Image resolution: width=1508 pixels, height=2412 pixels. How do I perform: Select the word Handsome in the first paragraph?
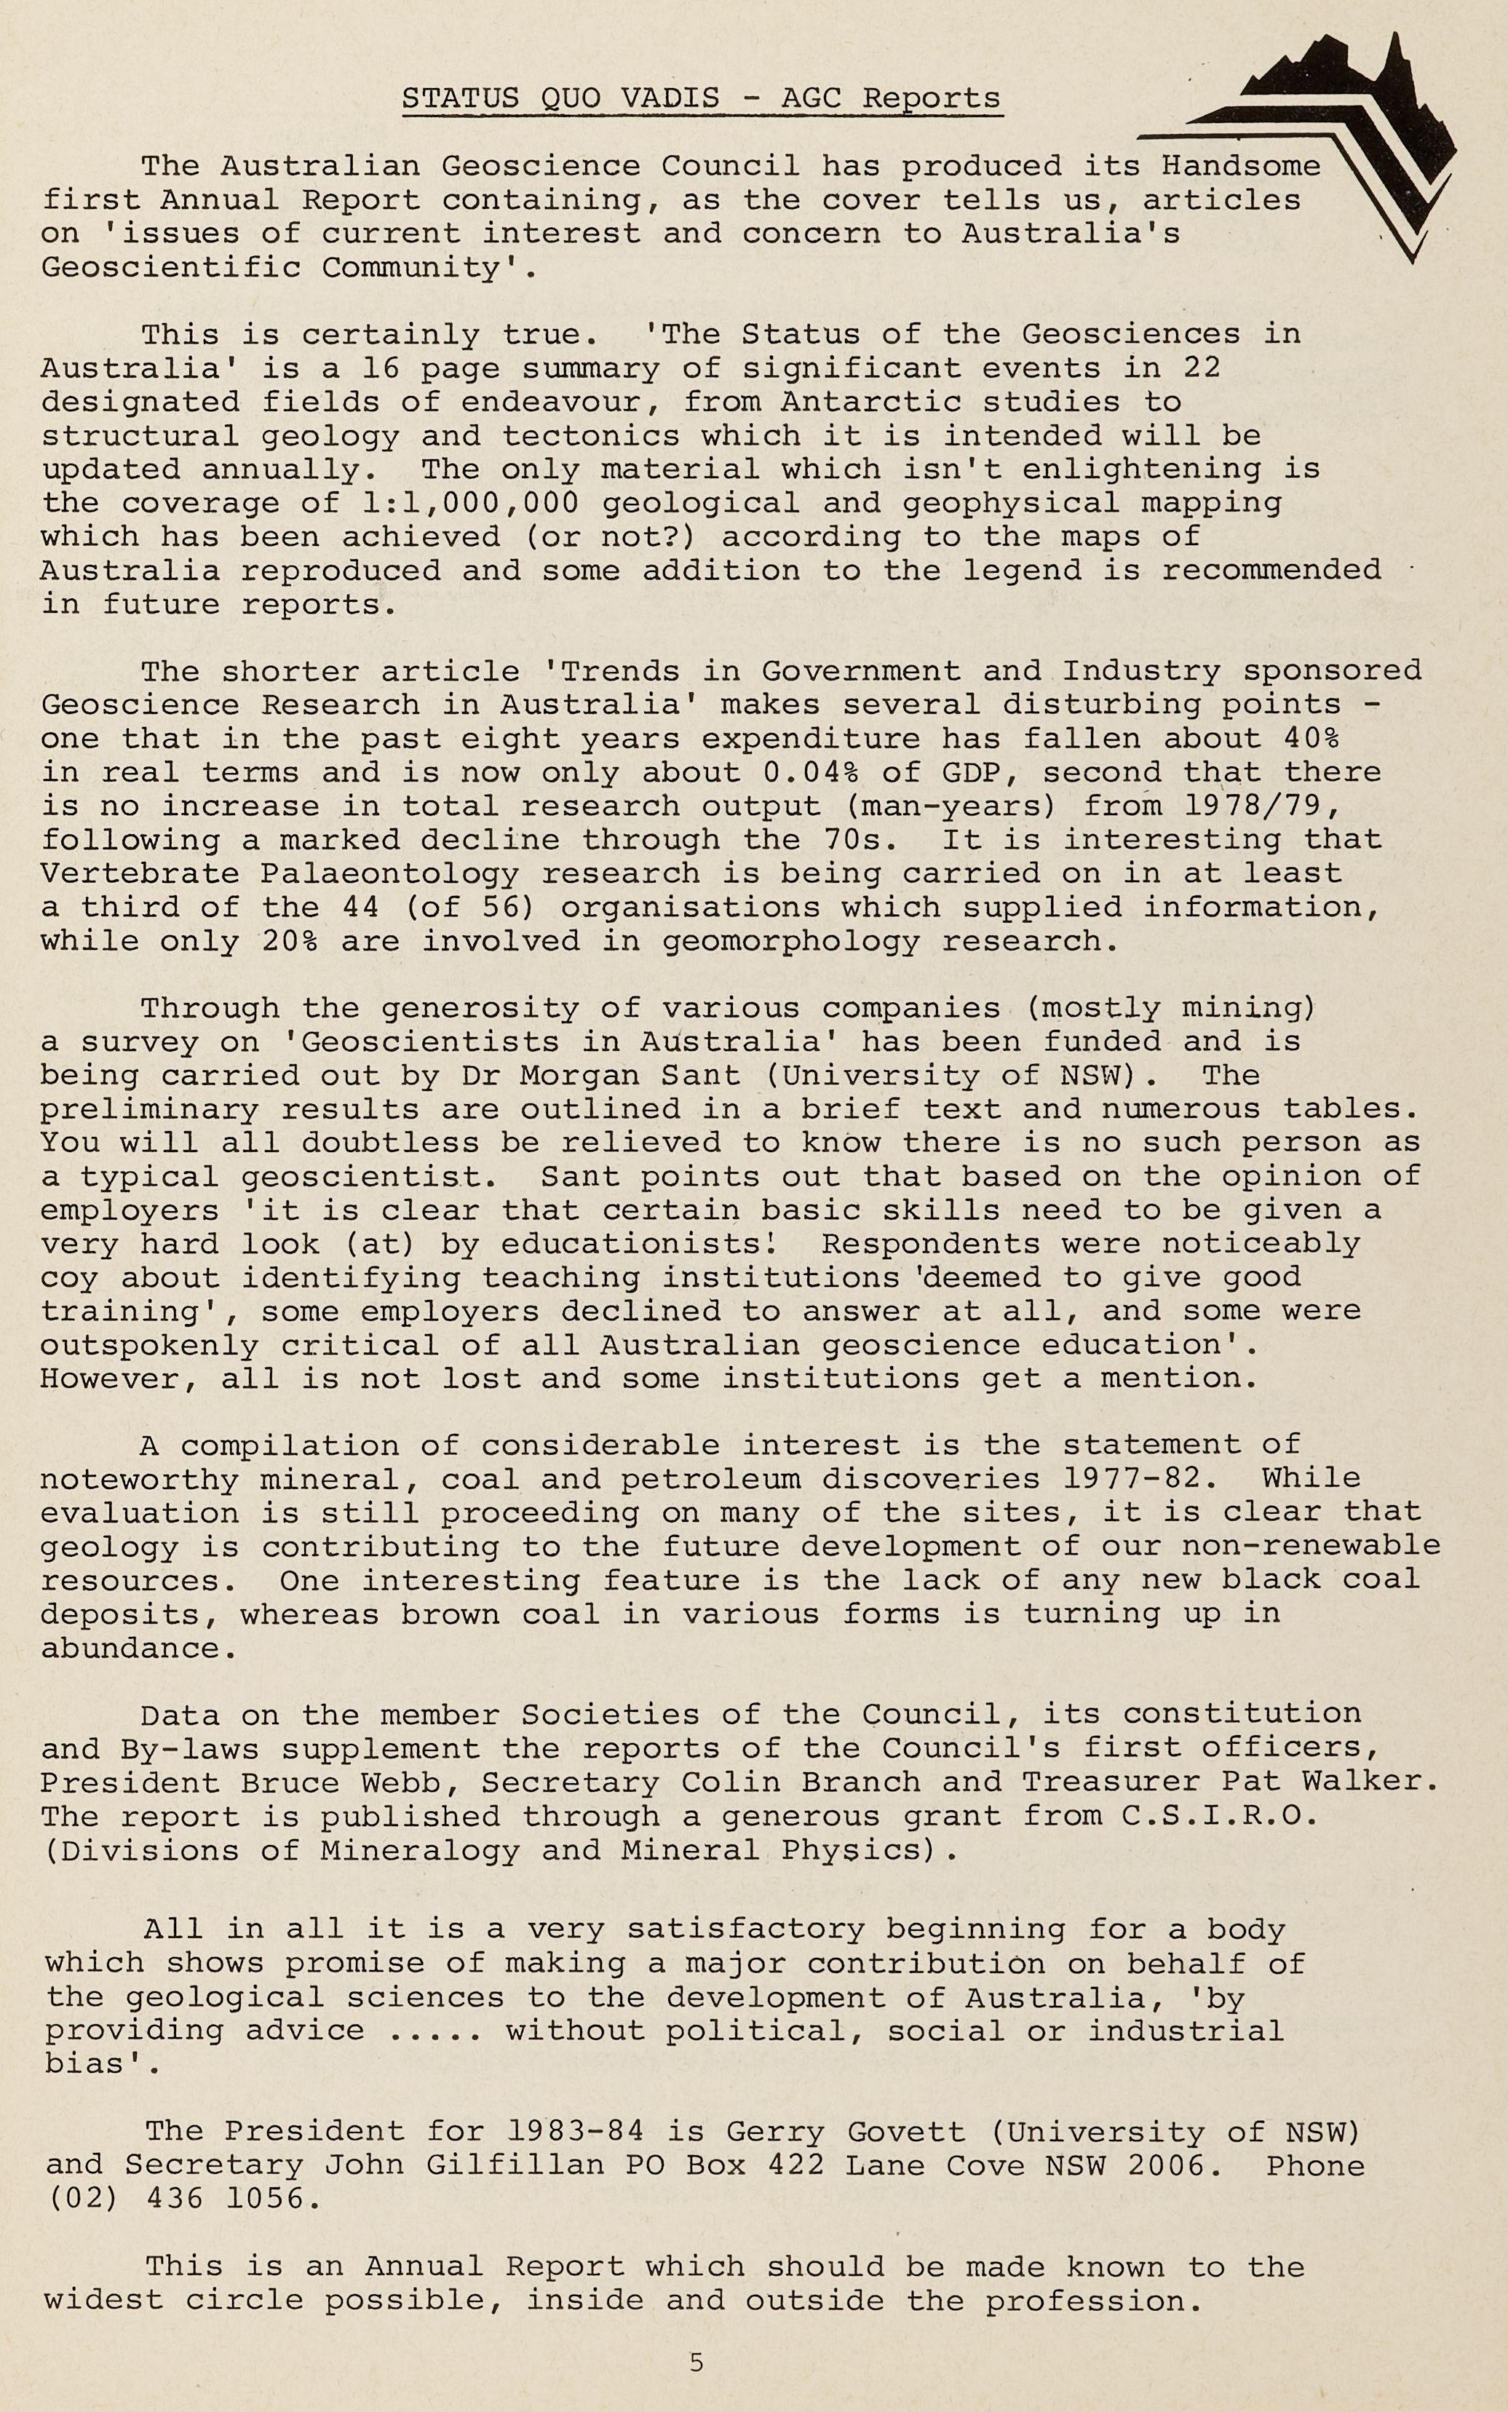(x=1241, y=165)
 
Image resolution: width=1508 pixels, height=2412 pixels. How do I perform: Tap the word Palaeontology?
(x=390, y=873)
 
